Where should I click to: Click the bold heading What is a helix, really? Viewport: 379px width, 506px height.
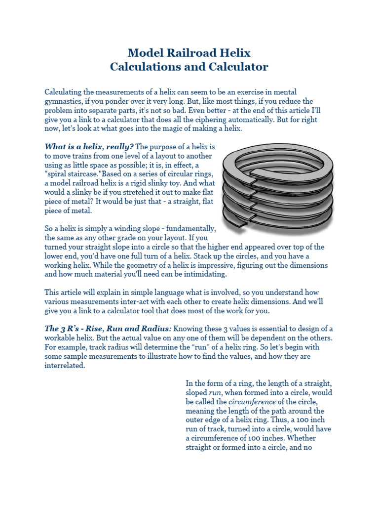[x=89, y=147]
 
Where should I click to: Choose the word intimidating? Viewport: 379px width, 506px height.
[x=204, y=274]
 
